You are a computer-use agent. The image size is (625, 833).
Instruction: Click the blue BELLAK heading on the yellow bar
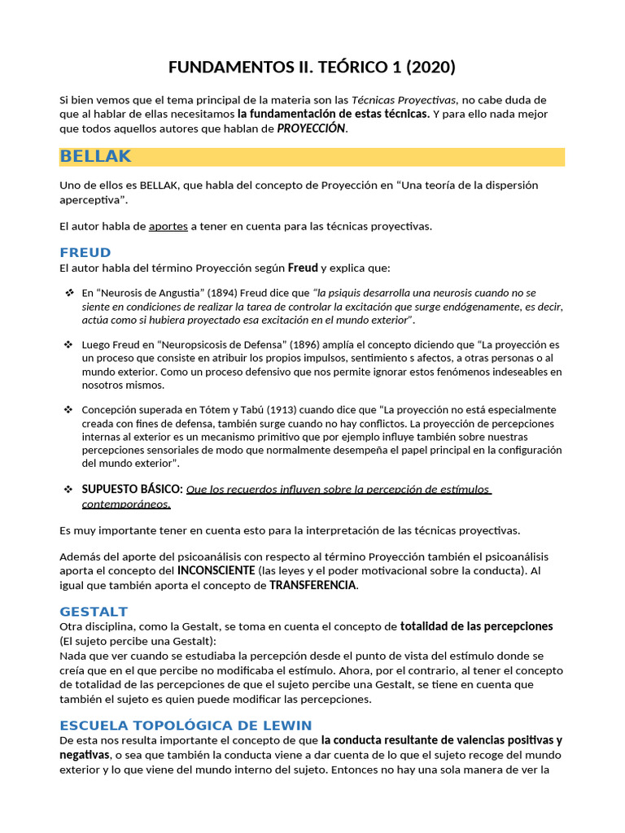pyautogui.click(x=95, y=156)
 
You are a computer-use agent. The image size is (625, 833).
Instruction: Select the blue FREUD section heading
pyautogui.click(x=85, y=252)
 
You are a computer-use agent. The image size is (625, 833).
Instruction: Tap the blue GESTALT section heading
pyautogui.click(x=94, y=611)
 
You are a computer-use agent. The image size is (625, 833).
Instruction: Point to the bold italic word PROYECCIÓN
pyautogui.click(x=311, y=129)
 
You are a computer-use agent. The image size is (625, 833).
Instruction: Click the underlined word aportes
pyautogui.click(x=168, y=226)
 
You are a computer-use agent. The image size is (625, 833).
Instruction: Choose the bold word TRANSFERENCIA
pyautogui.click(x=313, y=585)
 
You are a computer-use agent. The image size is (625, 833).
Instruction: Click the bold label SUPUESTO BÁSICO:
pyautogui.click(x=132, y=490)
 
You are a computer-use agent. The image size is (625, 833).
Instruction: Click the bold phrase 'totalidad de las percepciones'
pyautogui.click(x=477, y=626)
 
